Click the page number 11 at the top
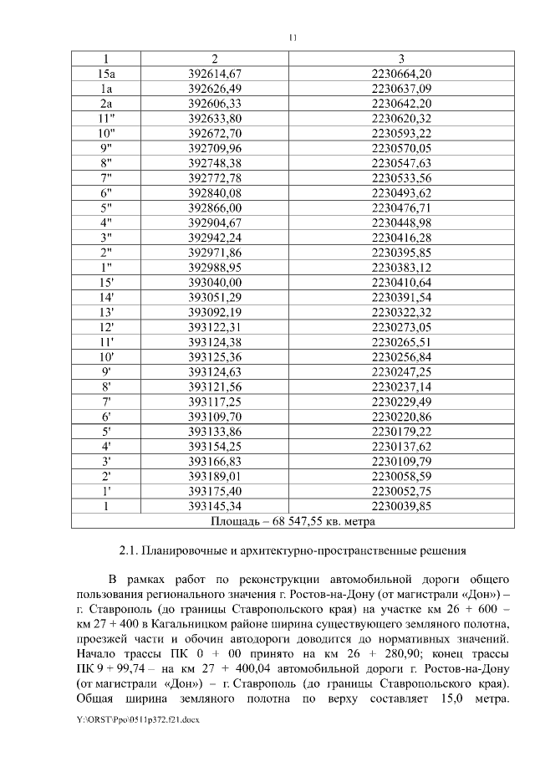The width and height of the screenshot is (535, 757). [x=293, y=38]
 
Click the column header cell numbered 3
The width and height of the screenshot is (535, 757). [x=401, y=59]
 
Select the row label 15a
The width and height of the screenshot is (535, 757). [x=106, y=74]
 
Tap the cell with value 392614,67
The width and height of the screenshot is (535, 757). [x=215, y=74]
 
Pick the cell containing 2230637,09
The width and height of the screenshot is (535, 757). [x=401, y=88]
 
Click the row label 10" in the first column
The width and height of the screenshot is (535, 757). [x=106, y=133]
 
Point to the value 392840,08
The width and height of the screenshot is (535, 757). [x=215, y=192]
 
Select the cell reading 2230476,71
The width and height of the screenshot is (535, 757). [x=401, y=207]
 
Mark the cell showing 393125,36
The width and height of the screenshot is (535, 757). [x=215, y=356]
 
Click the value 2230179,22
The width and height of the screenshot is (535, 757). [x=401, y=431]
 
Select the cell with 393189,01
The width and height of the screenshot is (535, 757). [x=215, y=476]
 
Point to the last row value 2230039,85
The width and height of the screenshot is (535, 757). [x=401, y=506]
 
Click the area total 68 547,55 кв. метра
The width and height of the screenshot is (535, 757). [x=321, y=521]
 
